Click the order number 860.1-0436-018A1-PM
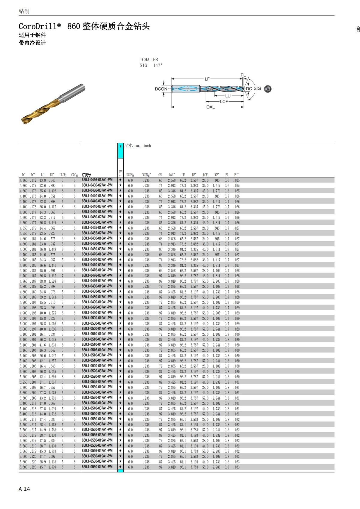tap(97, 180)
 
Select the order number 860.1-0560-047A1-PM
tap(97, 467)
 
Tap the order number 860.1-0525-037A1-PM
tap(97, 382)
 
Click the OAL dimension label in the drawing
tap(210, 107)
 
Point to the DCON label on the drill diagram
tap(161, 89)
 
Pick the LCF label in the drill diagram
tap(224, 102)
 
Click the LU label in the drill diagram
tap(228, 96)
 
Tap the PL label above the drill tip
tap(243, 75)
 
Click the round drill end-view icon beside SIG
tap(268, 89)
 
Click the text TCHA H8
tap(149, 60)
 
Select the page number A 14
tap(24, 489)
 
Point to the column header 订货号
tap(86, 175)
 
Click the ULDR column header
tap(62, 175)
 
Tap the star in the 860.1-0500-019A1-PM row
tap(120, 318)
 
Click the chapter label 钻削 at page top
tap(24, 11)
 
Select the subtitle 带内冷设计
tap(32, 43)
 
